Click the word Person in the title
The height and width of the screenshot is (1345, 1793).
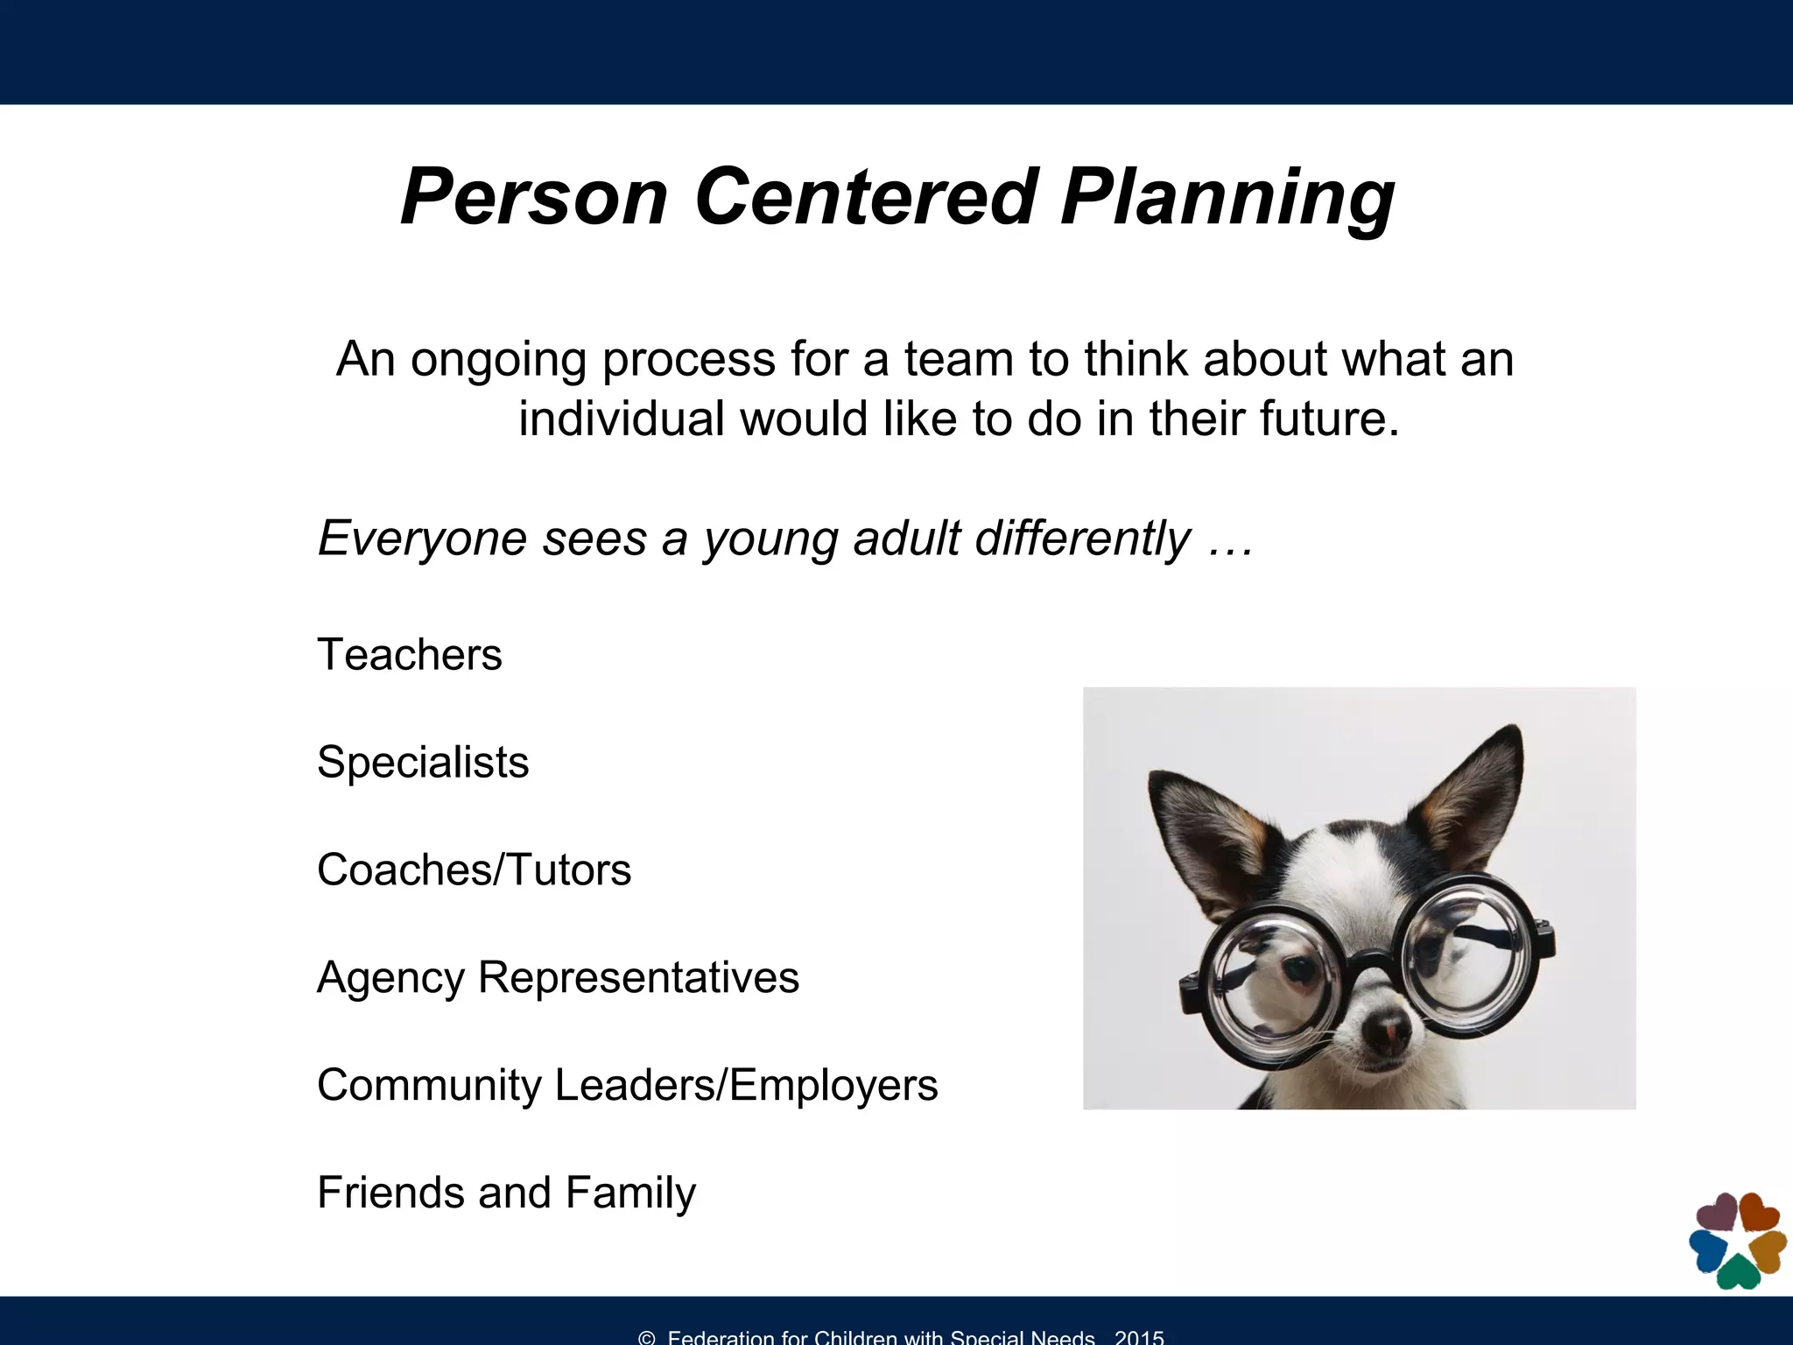(534, 197)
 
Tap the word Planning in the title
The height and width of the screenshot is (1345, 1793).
(1227, 199)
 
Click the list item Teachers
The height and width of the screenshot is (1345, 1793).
(409, 655)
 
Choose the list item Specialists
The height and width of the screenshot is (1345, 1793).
(423, 763)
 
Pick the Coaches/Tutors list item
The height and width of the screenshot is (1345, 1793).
(474, 870)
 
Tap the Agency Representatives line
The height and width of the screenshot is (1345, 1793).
(558, 977)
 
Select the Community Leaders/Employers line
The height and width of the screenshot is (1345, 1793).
(627, 1085)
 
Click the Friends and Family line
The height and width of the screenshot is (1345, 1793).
(506, 1193)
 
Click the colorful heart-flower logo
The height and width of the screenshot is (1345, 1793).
(1737, 1240)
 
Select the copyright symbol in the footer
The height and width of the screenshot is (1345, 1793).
(647, 1337)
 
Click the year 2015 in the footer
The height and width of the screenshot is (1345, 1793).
(1139, 1337)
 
